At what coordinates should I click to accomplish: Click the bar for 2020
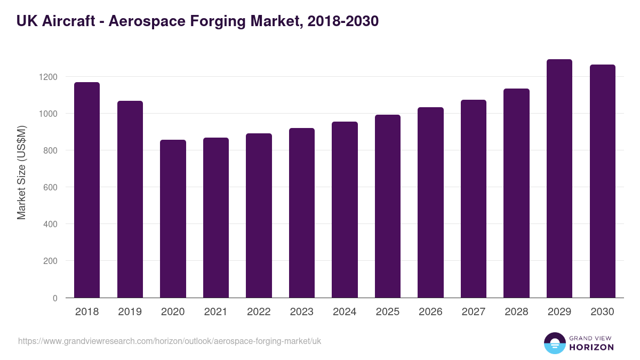(173, 219)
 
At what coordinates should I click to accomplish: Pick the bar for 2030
(602, 181)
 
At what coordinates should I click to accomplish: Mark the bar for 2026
(430, 203)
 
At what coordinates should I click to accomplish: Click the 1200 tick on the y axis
(48, 77)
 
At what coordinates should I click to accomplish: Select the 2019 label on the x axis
(130, 312)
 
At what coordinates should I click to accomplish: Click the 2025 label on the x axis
(387, 312)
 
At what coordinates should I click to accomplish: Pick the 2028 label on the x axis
(516, 312)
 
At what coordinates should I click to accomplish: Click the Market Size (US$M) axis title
(21, 172)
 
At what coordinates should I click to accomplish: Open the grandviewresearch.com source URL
(170, 341)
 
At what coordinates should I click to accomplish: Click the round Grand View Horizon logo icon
(555, 343)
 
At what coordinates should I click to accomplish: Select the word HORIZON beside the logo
(591, 347)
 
